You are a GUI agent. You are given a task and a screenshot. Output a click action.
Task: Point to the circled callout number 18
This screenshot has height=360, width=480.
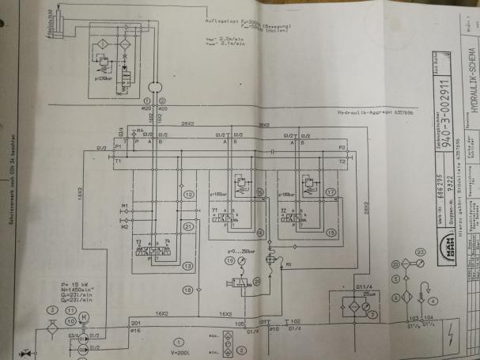(187, 290)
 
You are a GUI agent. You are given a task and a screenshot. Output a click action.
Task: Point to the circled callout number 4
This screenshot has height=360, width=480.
(434, 324)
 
